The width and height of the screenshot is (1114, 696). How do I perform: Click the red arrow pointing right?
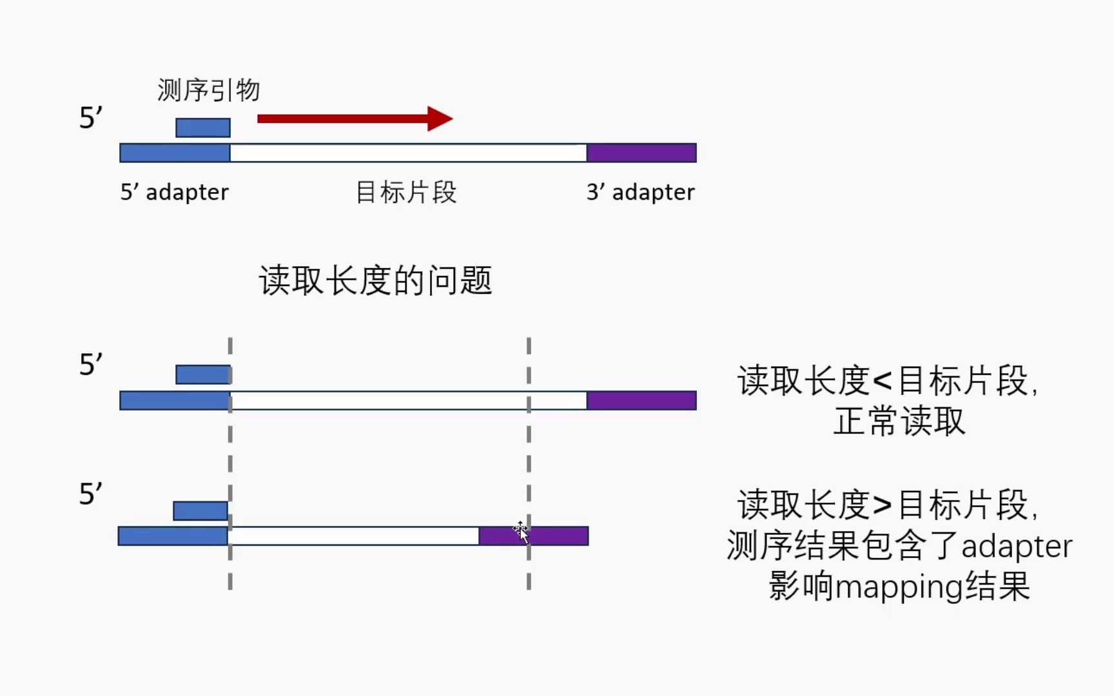coord(355,119)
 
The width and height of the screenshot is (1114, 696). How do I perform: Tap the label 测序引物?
coord(208,90)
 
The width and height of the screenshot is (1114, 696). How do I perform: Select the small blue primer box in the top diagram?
coord(203,128)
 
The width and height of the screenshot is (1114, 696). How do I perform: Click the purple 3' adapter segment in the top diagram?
coord(641,153)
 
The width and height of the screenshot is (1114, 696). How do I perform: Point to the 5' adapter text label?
coord(174,192)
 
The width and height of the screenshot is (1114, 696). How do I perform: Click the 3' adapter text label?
coord(640,192)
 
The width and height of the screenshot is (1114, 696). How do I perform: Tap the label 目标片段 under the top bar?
coord(406,192)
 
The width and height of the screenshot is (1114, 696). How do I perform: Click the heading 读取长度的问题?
coord(375,281)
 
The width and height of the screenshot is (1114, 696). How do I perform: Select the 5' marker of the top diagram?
coord(90,119)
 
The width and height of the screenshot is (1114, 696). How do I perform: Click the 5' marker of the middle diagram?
coord(90,365)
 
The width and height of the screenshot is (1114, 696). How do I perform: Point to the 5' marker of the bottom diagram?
coord(90,494)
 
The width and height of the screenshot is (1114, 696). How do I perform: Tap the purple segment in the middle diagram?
coord(641,400)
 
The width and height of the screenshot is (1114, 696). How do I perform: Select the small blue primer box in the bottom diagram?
coord(200,511)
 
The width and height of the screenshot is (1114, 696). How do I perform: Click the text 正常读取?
coord(899,421)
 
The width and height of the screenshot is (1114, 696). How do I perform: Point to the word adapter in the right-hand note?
coord(1017,546)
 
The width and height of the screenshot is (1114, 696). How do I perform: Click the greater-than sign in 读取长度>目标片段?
coord(883,505)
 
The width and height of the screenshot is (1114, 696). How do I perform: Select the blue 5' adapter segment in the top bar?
coord(175,153)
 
